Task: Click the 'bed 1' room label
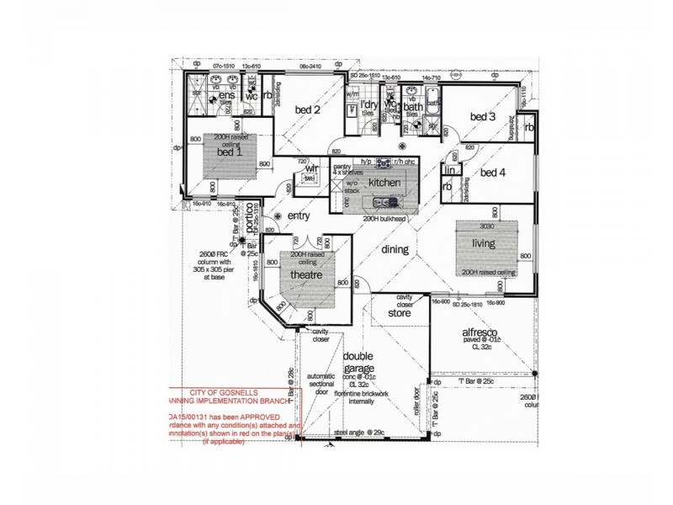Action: pyautogui.click(x=230, y=151)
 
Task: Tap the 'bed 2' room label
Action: pyautogui.click(x=307, y=109)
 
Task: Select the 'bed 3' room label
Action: pyautogui.click(x=483, y=117)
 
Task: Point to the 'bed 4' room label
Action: pyautogui.click(x=493, y=173)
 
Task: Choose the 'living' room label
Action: pyautogui.click(x=484, y=243)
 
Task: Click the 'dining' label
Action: pyautogui.click(x=395, y=249)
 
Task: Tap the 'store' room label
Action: pyautogui.click(x=399, y=314)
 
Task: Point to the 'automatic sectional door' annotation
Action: pyautogui.click(x=321, y=382)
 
